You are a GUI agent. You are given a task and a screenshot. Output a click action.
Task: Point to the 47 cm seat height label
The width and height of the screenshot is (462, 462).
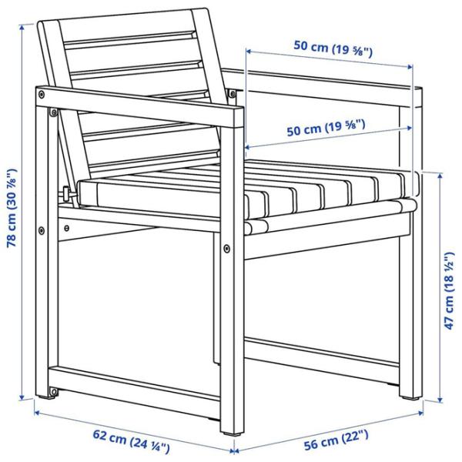(x=450, y=290)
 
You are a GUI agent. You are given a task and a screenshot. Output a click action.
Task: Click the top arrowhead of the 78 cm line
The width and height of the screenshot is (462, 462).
(x=22, y=28)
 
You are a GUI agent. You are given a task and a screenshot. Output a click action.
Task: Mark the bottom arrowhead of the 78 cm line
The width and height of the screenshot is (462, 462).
(x=22, y=397)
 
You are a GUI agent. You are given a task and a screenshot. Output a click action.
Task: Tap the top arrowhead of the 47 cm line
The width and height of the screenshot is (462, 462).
(x=440, y=176)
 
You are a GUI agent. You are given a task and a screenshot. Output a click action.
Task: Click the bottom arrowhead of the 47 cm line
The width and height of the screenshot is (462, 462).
(x=440, y=400)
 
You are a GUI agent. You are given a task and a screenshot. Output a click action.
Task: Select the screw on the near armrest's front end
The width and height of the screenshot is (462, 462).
(x=42, y=94)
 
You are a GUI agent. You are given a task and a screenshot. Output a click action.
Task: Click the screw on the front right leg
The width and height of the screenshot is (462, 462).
(x=226, y=249)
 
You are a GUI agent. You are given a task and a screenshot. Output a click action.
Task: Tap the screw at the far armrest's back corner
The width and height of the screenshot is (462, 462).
(x=233, y=94)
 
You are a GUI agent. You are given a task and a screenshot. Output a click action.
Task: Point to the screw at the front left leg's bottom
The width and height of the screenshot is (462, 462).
(x=53, y=392)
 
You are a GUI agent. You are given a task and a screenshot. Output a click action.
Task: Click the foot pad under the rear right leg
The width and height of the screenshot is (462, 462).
(x=410, y=398)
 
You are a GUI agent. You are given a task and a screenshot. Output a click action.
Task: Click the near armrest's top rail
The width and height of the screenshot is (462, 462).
(x=139, y=108)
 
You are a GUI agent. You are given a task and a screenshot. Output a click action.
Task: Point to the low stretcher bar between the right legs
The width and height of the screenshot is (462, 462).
(x=322, y=353)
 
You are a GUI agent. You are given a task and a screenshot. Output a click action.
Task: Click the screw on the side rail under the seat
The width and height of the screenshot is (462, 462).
(x=67, y=227)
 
